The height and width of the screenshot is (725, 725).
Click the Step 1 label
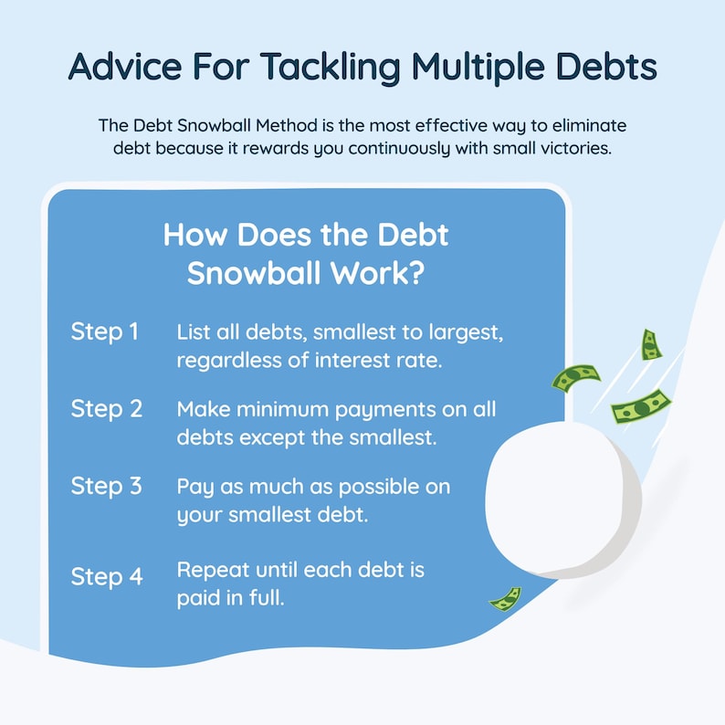105,332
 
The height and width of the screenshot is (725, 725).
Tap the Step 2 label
107,409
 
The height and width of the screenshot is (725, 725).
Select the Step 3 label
107,487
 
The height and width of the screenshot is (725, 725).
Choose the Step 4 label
107,577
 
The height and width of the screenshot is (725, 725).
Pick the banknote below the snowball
505,598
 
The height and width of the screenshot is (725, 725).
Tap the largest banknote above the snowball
641,405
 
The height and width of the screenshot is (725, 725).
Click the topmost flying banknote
650,344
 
